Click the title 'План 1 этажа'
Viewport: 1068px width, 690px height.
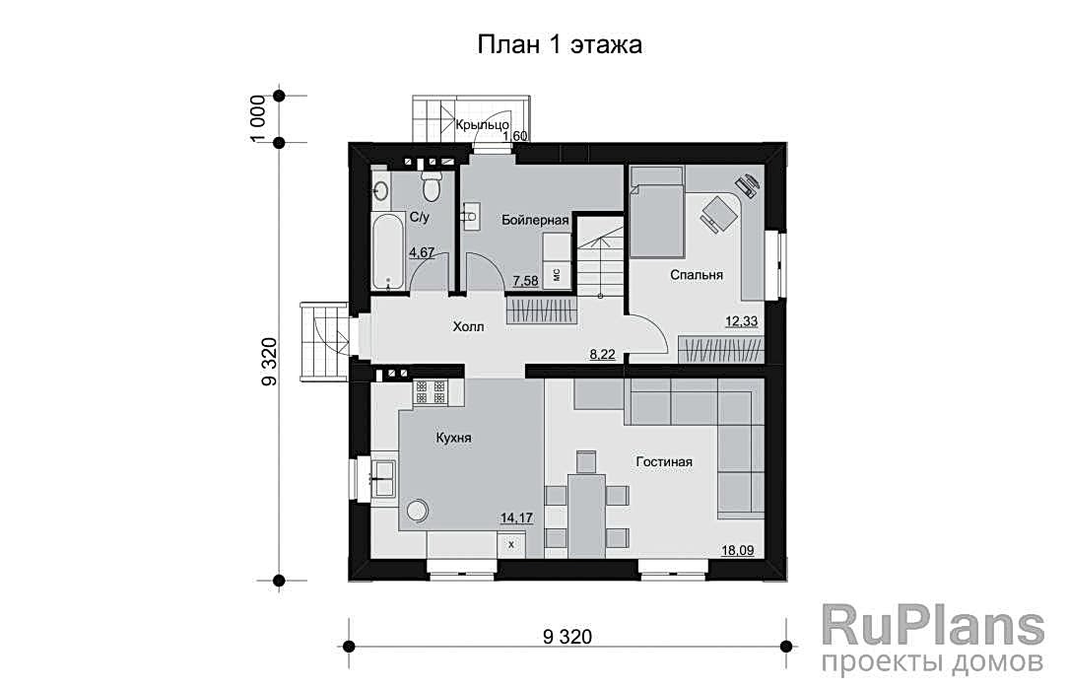coord(560,45)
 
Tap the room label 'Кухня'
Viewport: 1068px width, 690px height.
coord(453,438)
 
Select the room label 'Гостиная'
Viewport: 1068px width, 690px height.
coord(664,462)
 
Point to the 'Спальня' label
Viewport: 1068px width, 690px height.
coord(697,274)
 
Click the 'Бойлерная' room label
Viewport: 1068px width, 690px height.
coord(535,220)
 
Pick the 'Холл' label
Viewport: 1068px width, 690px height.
coord(469,327)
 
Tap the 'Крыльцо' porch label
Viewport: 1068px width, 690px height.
coord(482,124)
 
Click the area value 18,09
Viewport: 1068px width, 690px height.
coord(738,550)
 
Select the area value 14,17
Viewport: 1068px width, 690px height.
coord(517,517)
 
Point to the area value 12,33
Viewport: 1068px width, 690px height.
coord(742,320)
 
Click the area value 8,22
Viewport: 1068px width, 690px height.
coord(603,354)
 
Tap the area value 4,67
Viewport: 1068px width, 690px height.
coord(422,252)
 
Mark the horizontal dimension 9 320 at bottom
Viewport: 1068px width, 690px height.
coord(567,637)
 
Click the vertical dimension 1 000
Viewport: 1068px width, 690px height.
coord(257,119)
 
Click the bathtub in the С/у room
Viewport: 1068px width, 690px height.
coord(389,252)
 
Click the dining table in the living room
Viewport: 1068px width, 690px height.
coord(587,515)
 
